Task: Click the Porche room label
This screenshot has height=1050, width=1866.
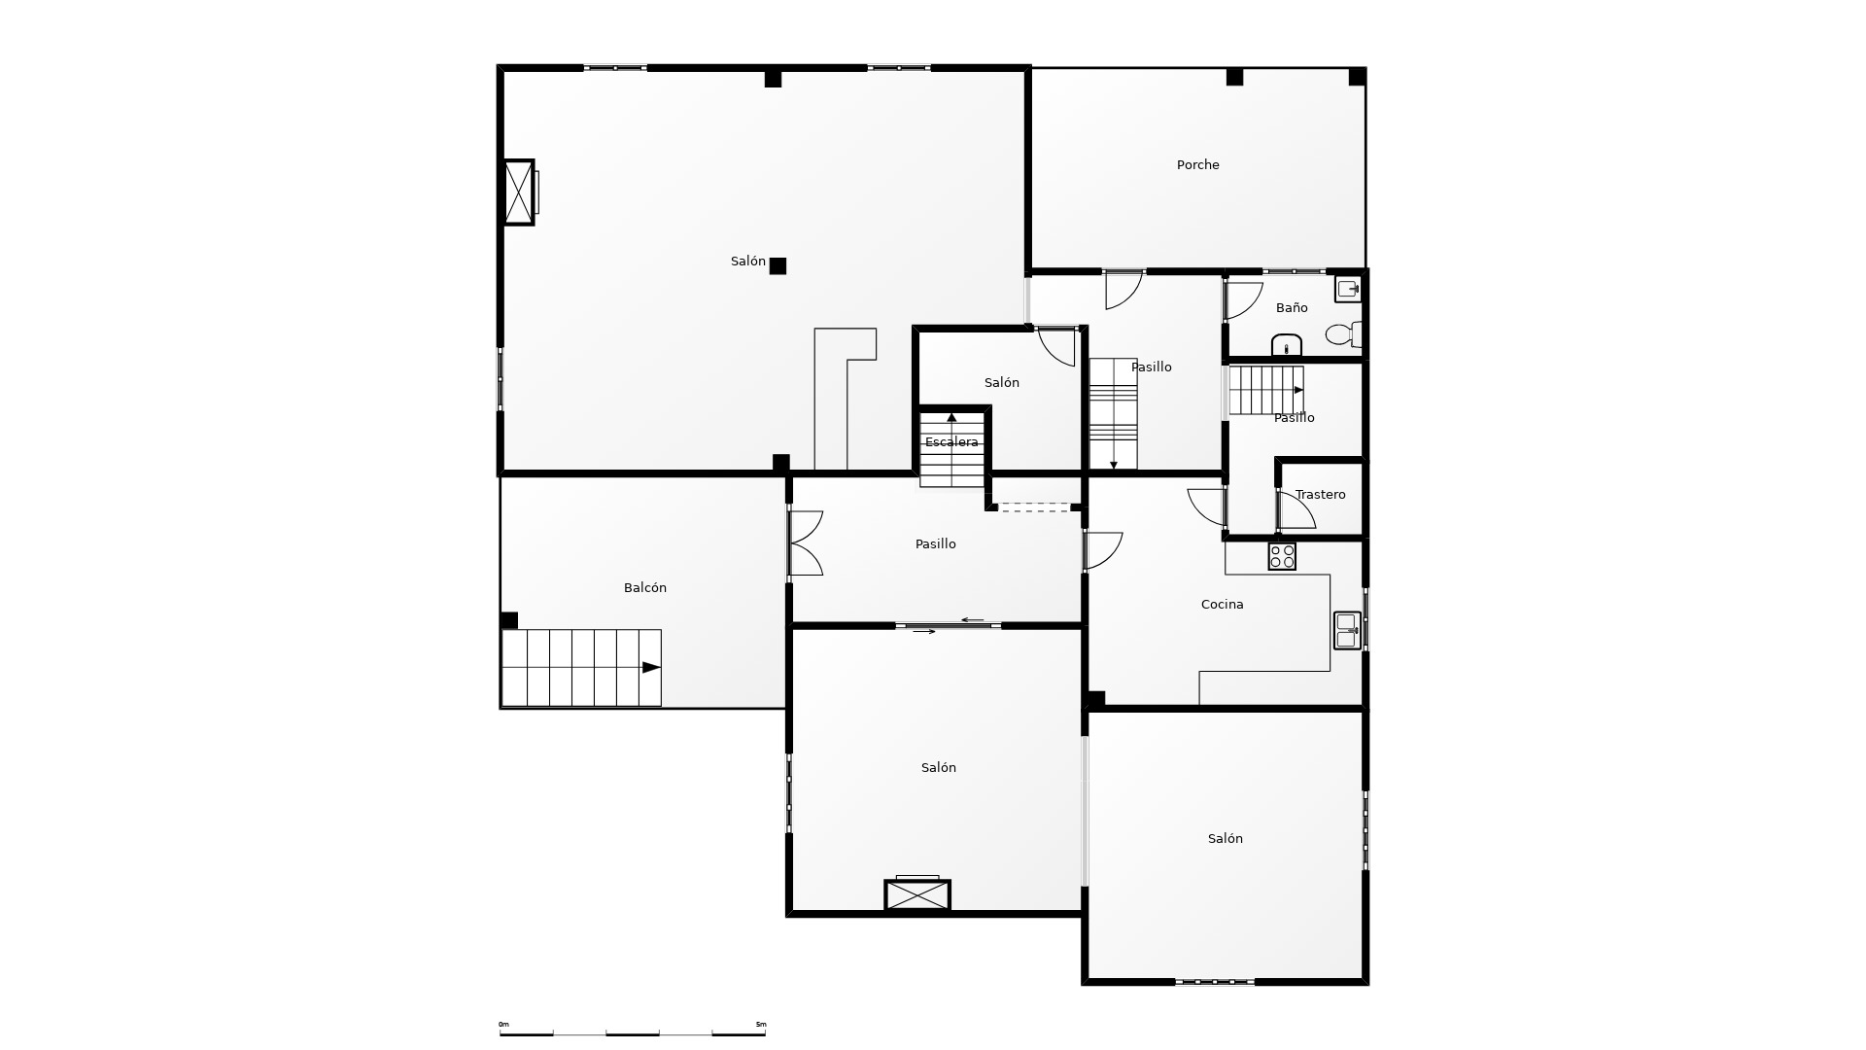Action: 1197,165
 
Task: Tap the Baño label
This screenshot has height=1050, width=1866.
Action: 1292,308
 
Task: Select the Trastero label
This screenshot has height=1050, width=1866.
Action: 1320,495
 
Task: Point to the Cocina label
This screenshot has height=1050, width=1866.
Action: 1222,605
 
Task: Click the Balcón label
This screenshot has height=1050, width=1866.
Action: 644,588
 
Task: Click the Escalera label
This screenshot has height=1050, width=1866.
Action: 951,442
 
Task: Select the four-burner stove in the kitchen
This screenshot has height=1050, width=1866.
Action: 1282,556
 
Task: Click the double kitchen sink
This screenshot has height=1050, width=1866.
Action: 1347,630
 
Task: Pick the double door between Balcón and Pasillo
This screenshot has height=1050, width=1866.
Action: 806,543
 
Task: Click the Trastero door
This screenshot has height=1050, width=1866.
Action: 1296,511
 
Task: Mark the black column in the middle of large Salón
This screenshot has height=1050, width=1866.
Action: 777,265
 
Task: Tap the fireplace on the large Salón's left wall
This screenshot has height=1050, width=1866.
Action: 519,192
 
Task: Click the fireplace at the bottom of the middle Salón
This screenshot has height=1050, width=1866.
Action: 916,894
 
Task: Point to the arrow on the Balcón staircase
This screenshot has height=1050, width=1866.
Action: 651,667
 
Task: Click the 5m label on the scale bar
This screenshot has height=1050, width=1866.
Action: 761,1024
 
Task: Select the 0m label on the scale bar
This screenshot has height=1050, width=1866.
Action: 503,1024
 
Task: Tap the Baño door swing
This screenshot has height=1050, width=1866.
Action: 1243,299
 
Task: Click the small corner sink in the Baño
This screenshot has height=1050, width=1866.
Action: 1348,289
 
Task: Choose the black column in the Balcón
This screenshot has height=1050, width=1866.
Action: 509,620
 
